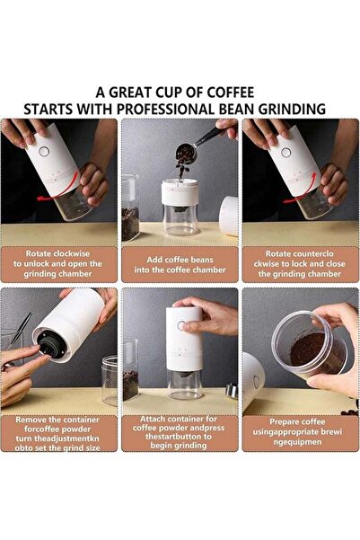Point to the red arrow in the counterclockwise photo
(302, 191)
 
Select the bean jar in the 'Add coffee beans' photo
(130, 208)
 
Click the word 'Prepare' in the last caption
(275, 420)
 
